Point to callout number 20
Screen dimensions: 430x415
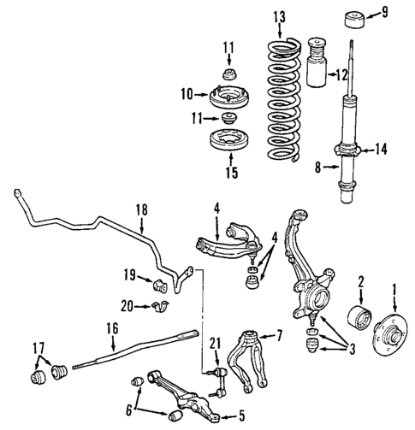point(127,306)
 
